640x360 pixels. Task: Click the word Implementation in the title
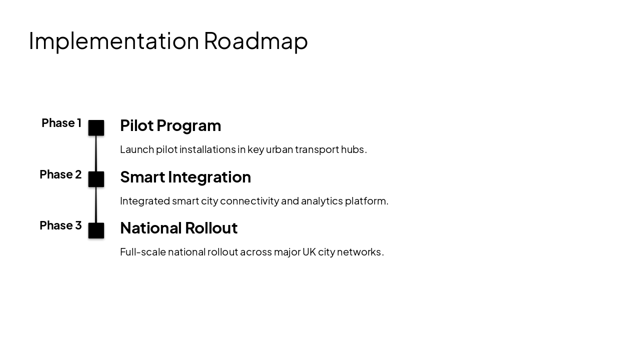pyautogui.click(x=113, y=41)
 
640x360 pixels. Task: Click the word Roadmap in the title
pyautogui.click(x=255, y=41)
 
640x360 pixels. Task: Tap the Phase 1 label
pyautogui.click(x=61, y=123)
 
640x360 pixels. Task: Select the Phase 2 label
pyautogui.click(x=60, y=174)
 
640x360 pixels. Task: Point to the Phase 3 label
pyautogui.click(x=60, y=225)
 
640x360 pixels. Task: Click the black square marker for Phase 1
pyautogui.click(x=96, y=128)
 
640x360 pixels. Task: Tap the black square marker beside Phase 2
pyautogui.click(x=96, y=179)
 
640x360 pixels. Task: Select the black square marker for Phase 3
pyautogui.click(x=96, y=230)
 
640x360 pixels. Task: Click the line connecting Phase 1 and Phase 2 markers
pyautogui.click(x=96, y=153)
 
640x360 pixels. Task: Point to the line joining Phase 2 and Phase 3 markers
pyautogui.click(x=96, y=205)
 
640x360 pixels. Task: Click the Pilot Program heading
pyautogui.click(x=170, y=125)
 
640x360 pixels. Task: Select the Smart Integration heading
pyautogui.click(x=185, y=177)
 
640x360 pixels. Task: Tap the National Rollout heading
pyautogui.click(x=178, y=228)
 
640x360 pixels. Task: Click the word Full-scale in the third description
pyautogui.click(x=142, y=252)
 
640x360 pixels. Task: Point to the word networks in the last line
pyautogui.click(x=359, y=252)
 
